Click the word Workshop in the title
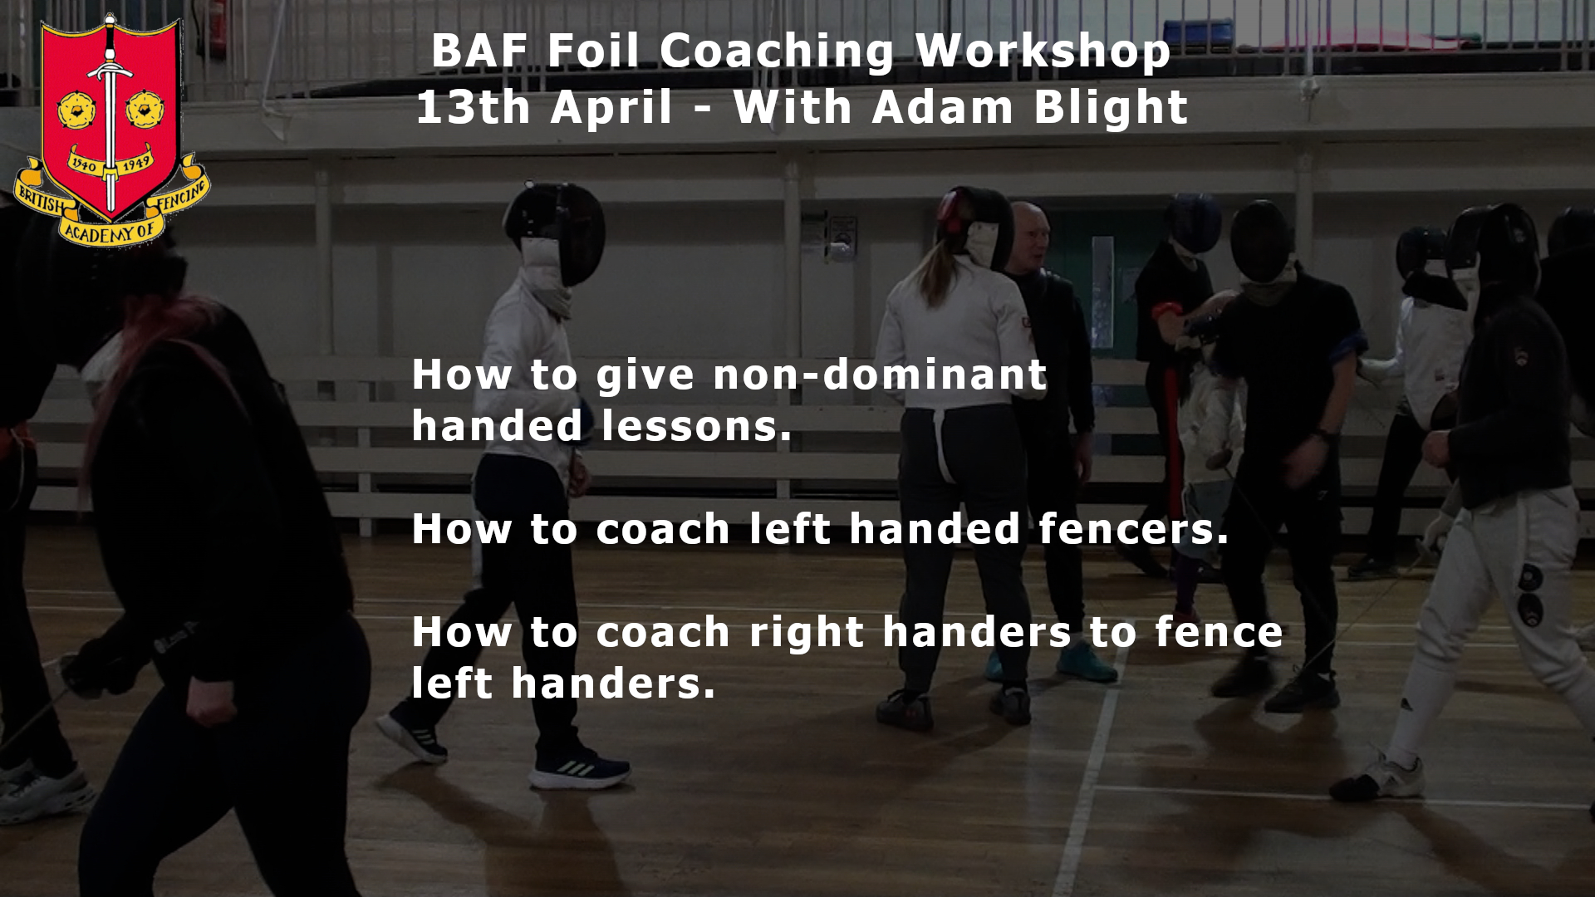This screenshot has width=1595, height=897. point(1043,52)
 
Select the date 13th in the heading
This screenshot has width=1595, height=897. point(473,107)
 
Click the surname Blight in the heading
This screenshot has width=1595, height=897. point(1111,109)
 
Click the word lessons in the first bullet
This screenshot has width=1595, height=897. point(695,426)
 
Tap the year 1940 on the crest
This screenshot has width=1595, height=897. point(83,164)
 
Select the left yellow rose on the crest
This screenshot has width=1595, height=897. point(76,110)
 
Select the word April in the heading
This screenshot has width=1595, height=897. point(611,109)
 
